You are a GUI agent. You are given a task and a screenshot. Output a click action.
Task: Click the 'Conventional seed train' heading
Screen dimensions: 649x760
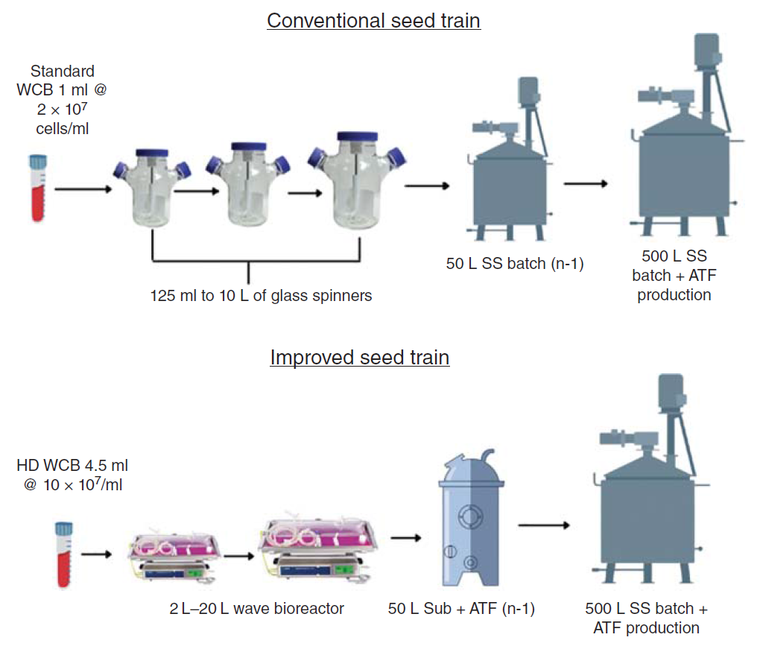[373, 20]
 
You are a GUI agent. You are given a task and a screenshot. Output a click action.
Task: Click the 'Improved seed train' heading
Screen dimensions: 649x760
[360, 358]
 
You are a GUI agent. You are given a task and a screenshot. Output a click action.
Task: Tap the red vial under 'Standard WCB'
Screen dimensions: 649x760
[37, 188]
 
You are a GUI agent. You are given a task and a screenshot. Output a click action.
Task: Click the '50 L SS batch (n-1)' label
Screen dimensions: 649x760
[514, 262]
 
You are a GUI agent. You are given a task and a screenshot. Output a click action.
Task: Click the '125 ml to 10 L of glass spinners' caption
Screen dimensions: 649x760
[261, 296]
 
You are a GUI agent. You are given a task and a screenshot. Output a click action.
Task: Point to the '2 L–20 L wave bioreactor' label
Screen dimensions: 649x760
[256, 609]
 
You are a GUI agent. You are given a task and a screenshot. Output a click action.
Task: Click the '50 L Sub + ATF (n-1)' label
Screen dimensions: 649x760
[461, 609]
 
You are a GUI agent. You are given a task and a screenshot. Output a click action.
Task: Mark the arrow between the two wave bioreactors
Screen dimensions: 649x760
[239, 555]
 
